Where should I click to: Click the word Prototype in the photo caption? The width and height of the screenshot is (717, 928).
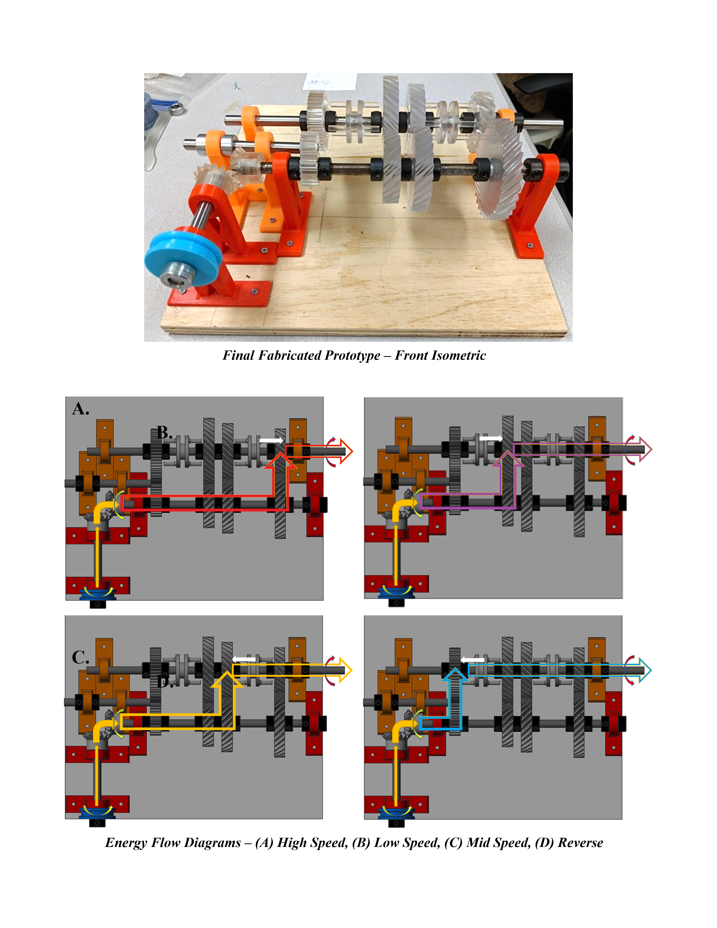pyautogui.click(x=352, y=355)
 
